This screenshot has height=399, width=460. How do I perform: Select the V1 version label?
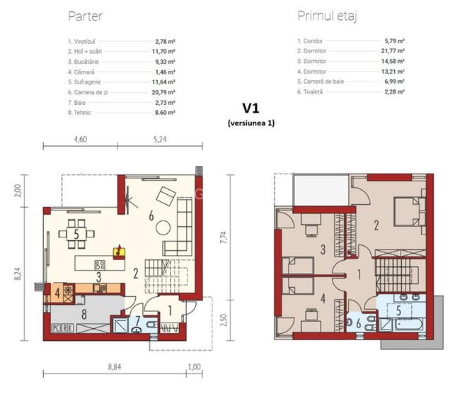[251, 108]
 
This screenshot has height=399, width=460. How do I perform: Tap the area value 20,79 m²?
[166, 91]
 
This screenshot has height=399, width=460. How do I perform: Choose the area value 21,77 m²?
[395, 52]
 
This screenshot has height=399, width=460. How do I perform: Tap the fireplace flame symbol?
[120, 249]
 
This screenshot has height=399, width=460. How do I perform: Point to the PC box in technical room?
[56, 328]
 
